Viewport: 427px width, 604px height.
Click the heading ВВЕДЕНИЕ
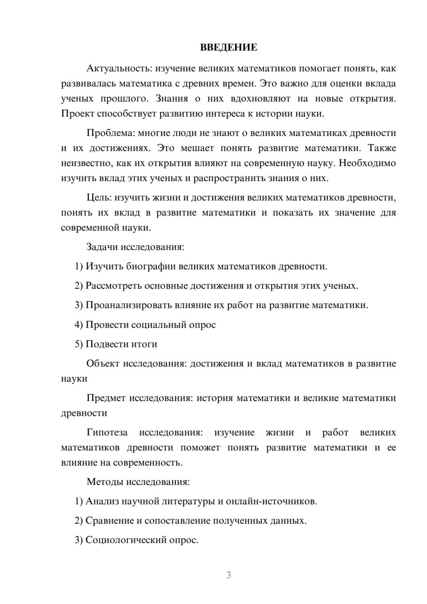(x=228, y=47)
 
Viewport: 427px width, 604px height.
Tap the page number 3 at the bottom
(x=228, y=575)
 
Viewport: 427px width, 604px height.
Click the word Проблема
(x=111, y=133)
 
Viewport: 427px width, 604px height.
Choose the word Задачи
(x=102, y=247)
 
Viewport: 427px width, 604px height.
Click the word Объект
(x=103, y=364)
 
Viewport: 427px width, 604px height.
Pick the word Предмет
(x=106, y=398)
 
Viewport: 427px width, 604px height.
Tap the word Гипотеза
(x=107, y=433)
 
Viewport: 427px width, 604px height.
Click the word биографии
(x=150, y=267)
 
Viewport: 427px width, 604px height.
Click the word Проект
(x=78, y=114)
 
